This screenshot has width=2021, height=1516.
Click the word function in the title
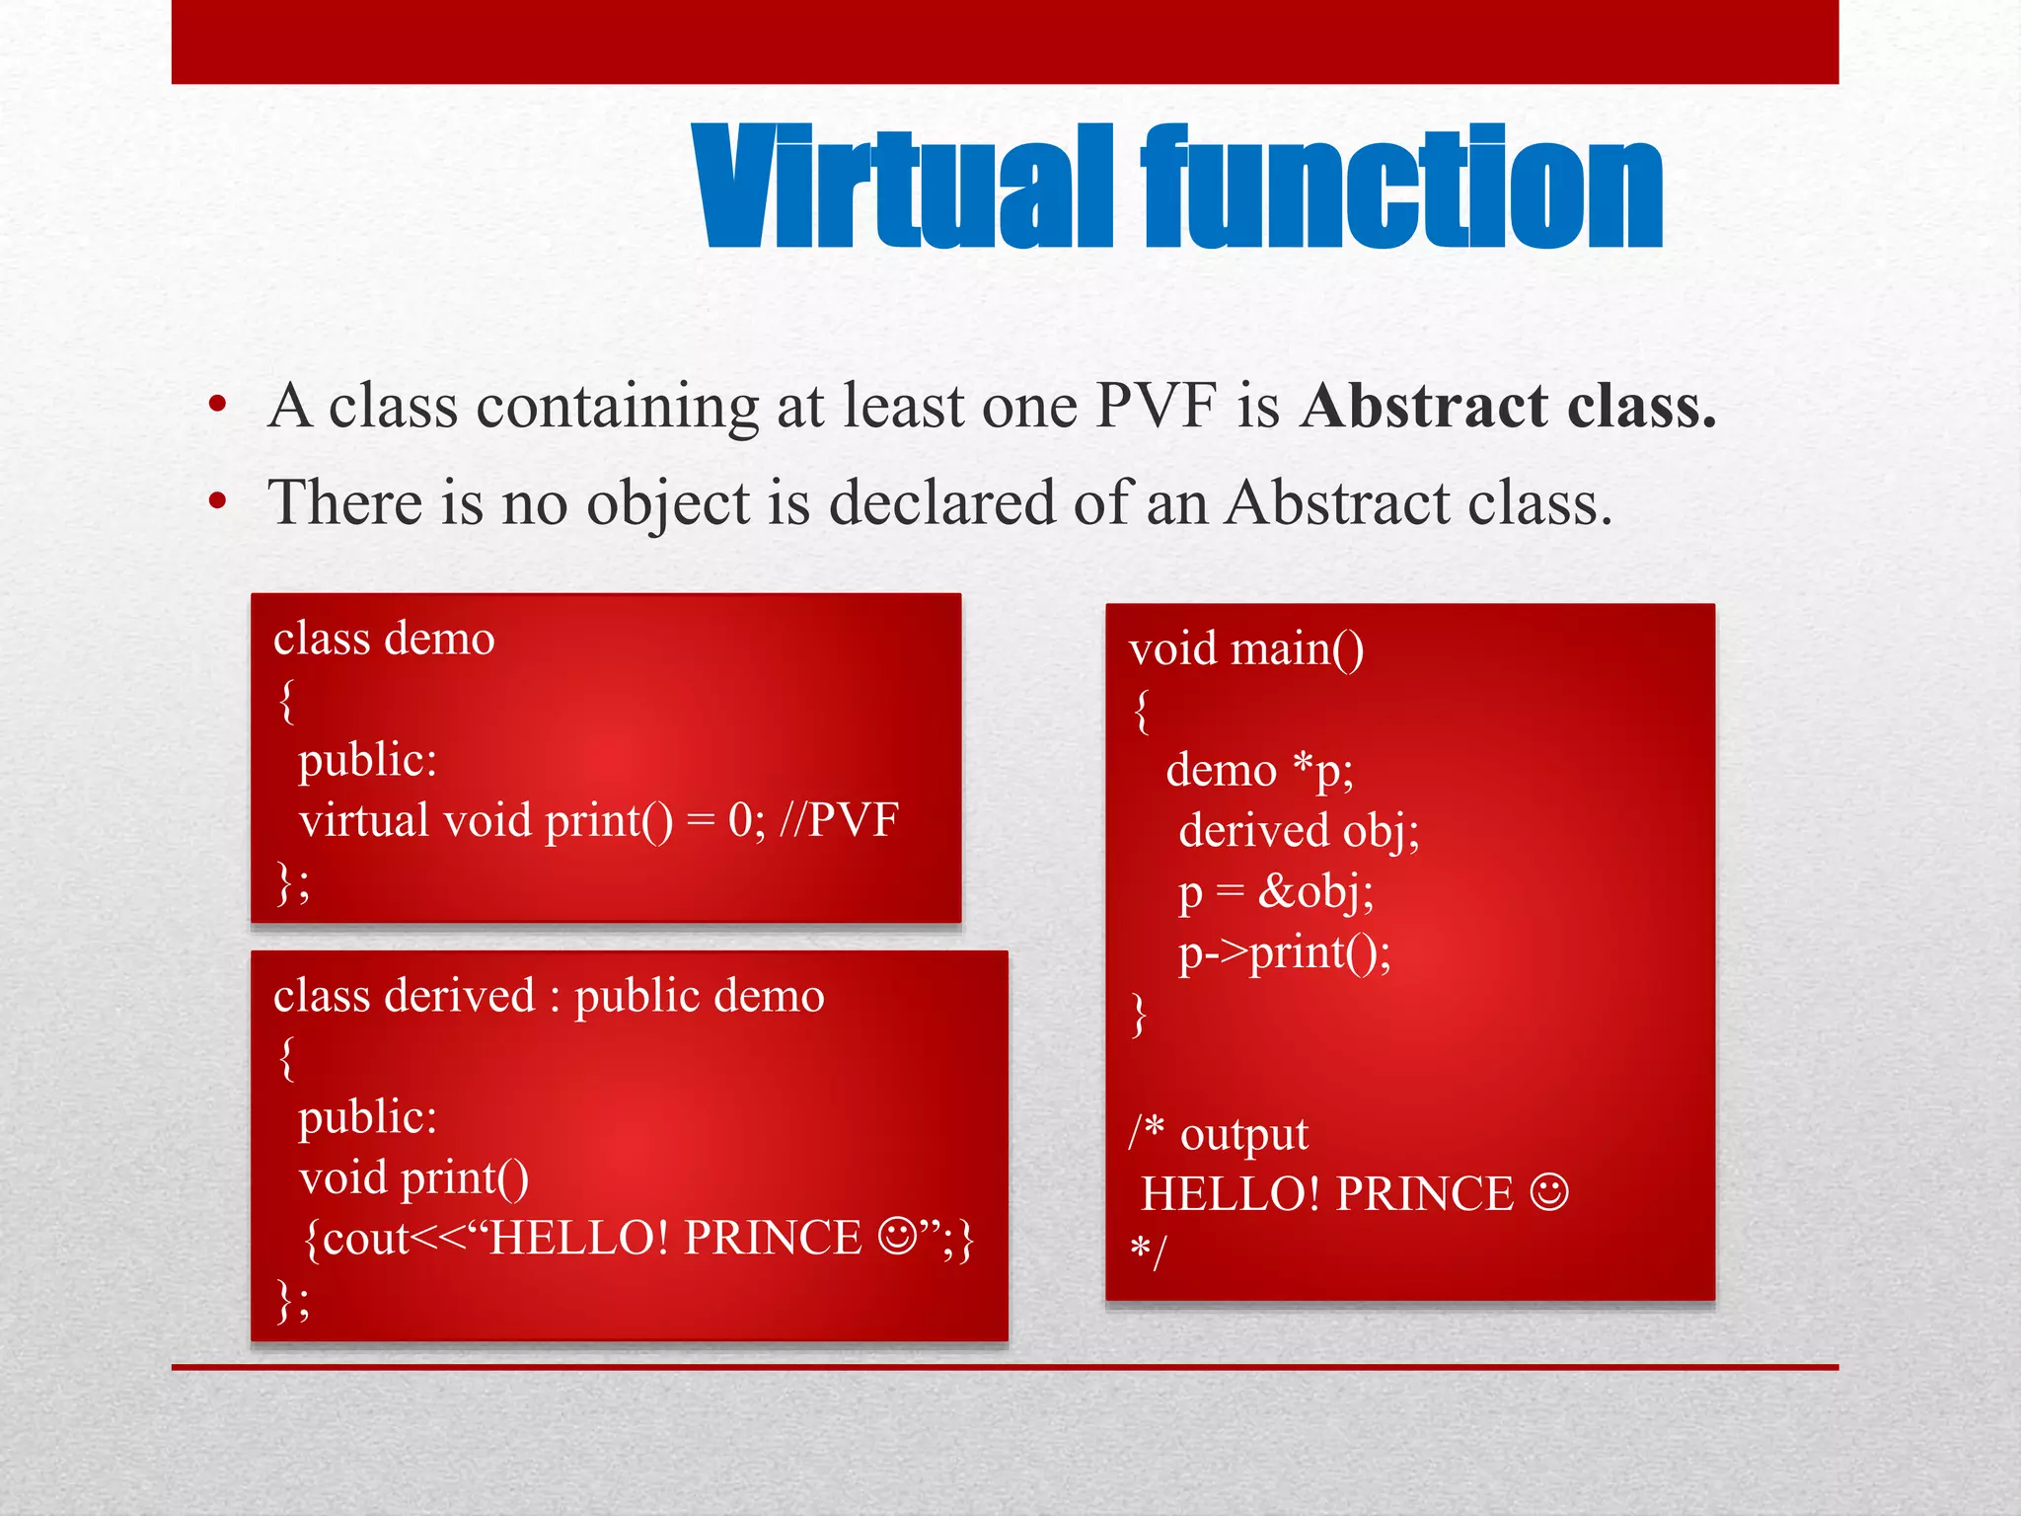pyautogui.click(x=1401, y=188)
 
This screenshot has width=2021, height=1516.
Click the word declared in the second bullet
pyautogui.click(x=941, y=503)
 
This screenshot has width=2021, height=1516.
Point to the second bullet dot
pyautogui.click(x=218, y=502)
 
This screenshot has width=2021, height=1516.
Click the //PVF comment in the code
pyautogui.click(x=839, y=819)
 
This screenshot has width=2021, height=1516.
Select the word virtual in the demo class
pyautogui.click(x=363, y=819)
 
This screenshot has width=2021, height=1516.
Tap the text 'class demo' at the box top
pyautogui.click(x=384, y=639)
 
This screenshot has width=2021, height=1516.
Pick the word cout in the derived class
pyautogui.click(x=365, y=1238)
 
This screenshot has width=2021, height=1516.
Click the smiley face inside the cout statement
pyautogui.click(x=897, y=1235)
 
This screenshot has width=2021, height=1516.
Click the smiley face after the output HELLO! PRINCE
pyautogui.click(x=1549, y=1191)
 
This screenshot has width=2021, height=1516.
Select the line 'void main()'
pyautogui.click(x=1245, y=649)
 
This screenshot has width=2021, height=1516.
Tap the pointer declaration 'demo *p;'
pyautogui.click(x=1259, y=770)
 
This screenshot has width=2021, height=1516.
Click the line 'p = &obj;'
pyautogui.click(x=1275, y=891)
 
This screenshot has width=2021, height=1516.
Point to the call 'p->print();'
pyautogui.click(x=1284, y=952)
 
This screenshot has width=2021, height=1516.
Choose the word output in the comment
pyautogui.click(x=1243, y=1134)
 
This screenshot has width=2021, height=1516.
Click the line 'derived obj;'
pyautogui.click(x=1299, y=831)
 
